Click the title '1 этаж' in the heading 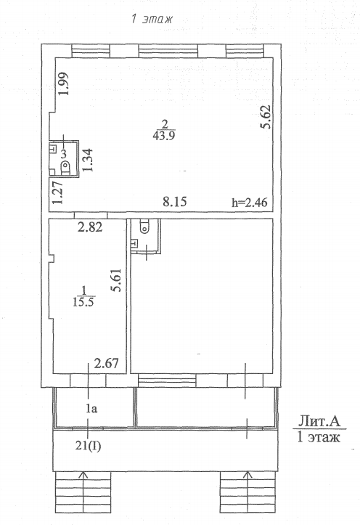[x=152, y=19]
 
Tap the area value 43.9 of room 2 [x=164, y=136]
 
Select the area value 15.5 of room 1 [x=83, y=302]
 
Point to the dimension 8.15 [x=175, y=202]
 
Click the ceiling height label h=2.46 [x=250, y=203]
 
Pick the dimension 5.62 [x=266, y=117]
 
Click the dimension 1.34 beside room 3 [x=88, y=160]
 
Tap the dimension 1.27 [x=57, y=192]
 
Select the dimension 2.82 [x=90, y=227]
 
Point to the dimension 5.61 [x=116, y=280]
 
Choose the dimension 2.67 [x=107, y=363]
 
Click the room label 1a [x=91, y=409]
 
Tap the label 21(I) [x=88, y=446]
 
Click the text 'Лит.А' [x=319, y=420]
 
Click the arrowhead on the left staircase [x=83, y=474]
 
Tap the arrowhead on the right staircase [x=248, y=474]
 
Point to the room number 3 [x=64, y=154]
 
